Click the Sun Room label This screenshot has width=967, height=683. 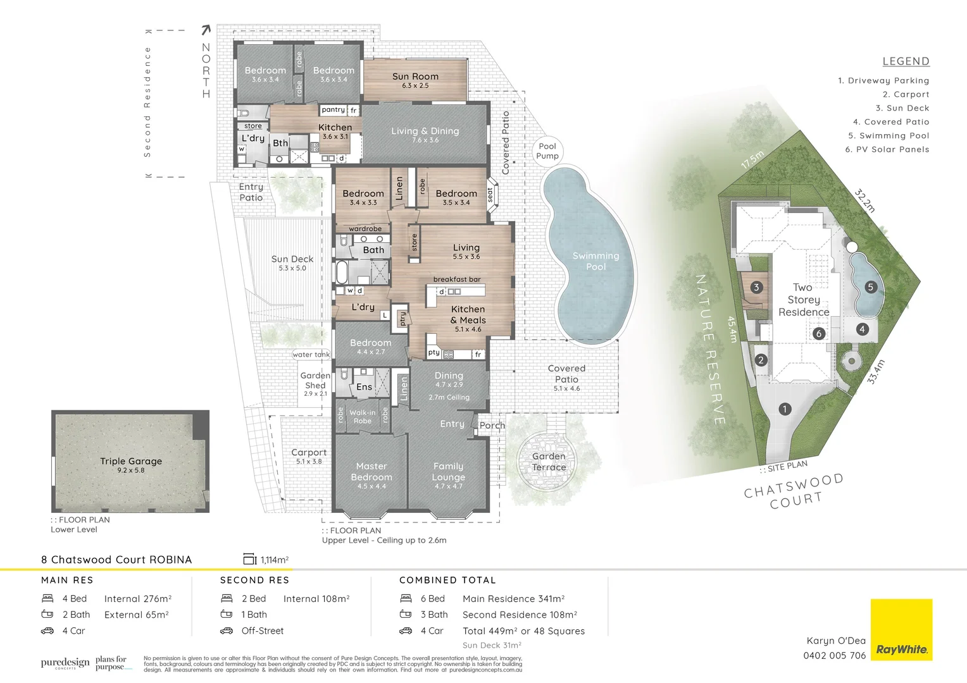415,77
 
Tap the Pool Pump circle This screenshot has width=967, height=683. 547,151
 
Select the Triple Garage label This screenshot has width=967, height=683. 131,462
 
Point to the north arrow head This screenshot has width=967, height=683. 206,29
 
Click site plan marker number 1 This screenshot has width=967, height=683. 785,409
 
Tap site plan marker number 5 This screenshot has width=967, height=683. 870,287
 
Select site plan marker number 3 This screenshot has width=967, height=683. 756,287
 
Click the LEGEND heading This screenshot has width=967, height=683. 906,61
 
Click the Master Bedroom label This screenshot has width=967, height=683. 371,472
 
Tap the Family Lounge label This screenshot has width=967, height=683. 449,472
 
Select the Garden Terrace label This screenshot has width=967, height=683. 549,462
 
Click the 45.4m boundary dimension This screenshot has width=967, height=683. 732,329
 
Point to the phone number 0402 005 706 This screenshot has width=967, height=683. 834,656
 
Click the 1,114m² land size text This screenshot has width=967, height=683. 274,560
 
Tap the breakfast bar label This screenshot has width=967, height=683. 457,280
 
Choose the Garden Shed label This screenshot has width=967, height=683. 315,380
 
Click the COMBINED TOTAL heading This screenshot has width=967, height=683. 447,580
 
